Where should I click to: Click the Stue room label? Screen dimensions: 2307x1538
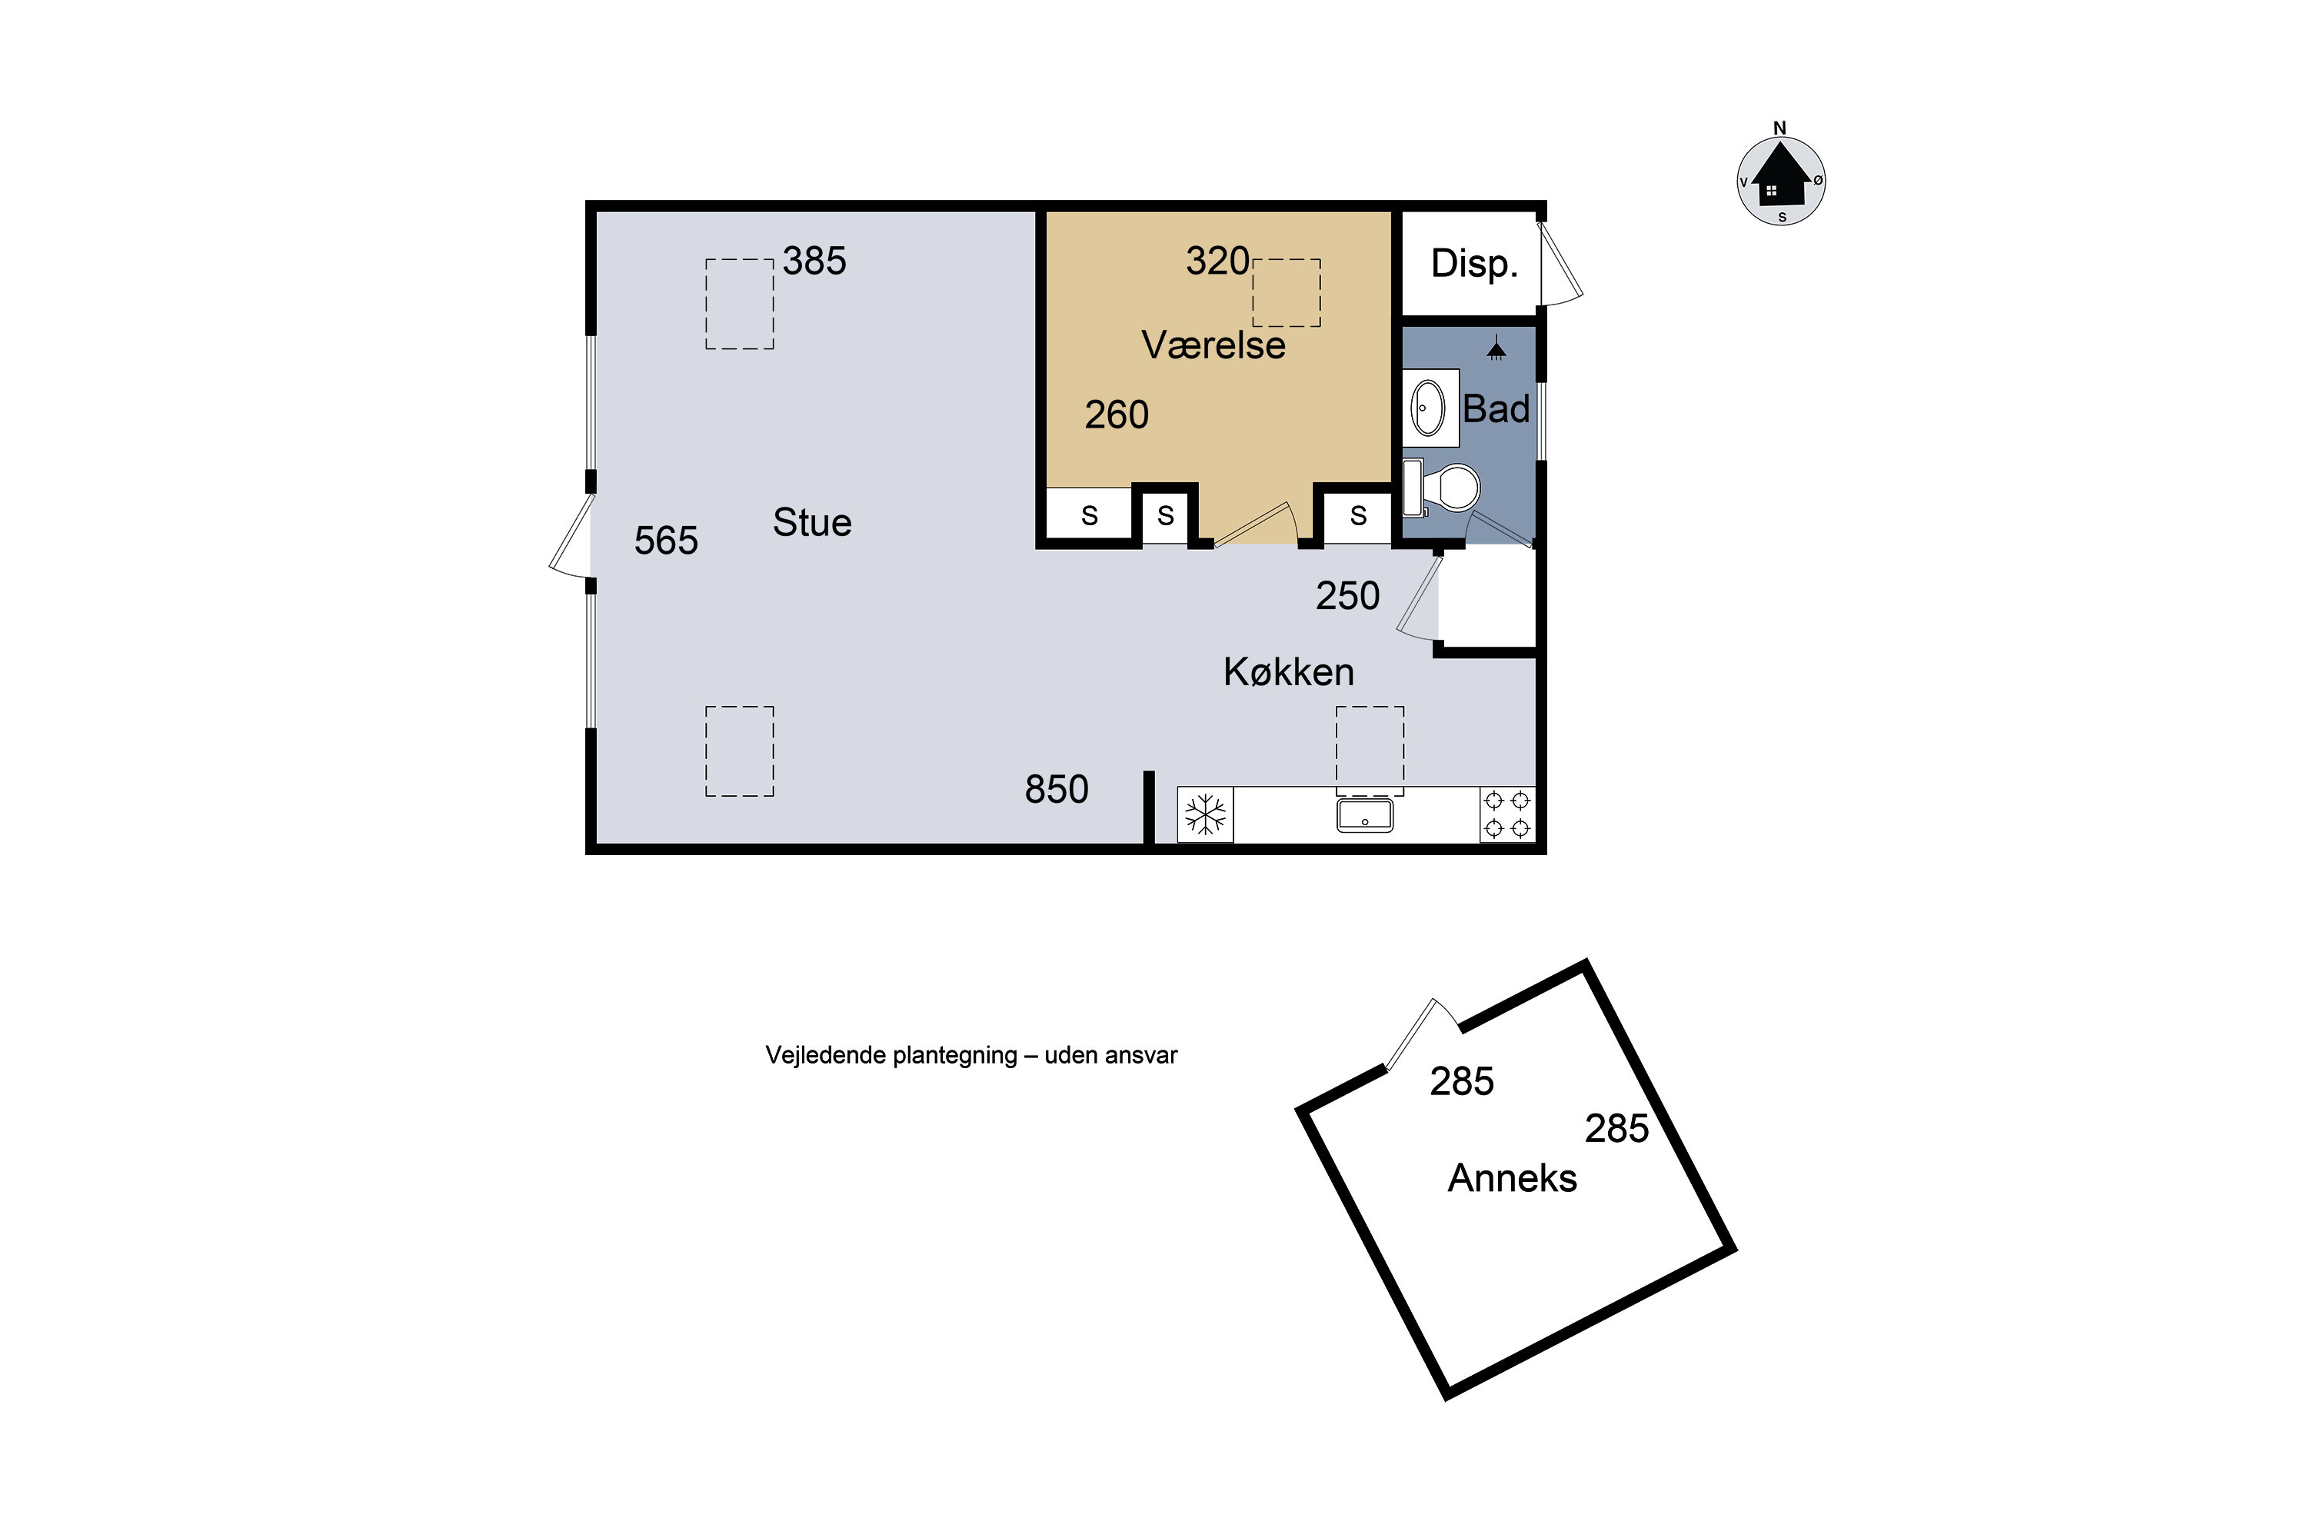(812, 523)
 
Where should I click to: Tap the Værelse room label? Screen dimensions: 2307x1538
(1213, 345)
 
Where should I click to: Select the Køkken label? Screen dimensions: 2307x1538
(1289, 672)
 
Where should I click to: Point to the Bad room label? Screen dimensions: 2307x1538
(1496, 409)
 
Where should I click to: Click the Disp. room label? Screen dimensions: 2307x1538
(1474, 263)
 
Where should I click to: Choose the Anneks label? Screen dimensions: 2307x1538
(1513, 1178)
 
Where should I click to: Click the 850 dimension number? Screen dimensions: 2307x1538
(1057, 790)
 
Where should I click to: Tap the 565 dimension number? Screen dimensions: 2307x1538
(666, 541)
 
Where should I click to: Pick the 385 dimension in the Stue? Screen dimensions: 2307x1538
(814, 261)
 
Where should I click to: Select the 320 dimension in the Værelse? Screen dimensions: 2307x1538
(1217, 261)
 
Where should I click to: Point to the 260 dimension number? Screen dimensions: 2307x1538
(1117, 415)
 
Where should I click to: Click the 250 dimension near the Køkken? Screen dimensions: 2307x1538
(1348, 597)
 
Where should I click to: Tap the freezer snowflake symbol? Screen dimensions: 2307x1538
(1206, 815)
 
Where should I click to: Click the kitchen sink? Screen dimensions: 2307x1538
(1364, 815)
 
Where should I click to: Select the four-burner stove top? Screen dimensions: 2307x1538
(1507, 814)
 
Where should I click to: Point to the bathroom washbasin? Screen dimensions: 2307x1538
(1427, 408)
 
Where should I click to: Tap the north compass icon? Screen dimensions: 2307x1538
(1780, 177)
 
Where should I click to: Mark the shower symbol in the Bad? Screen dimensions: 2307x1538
(1496, 349)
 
